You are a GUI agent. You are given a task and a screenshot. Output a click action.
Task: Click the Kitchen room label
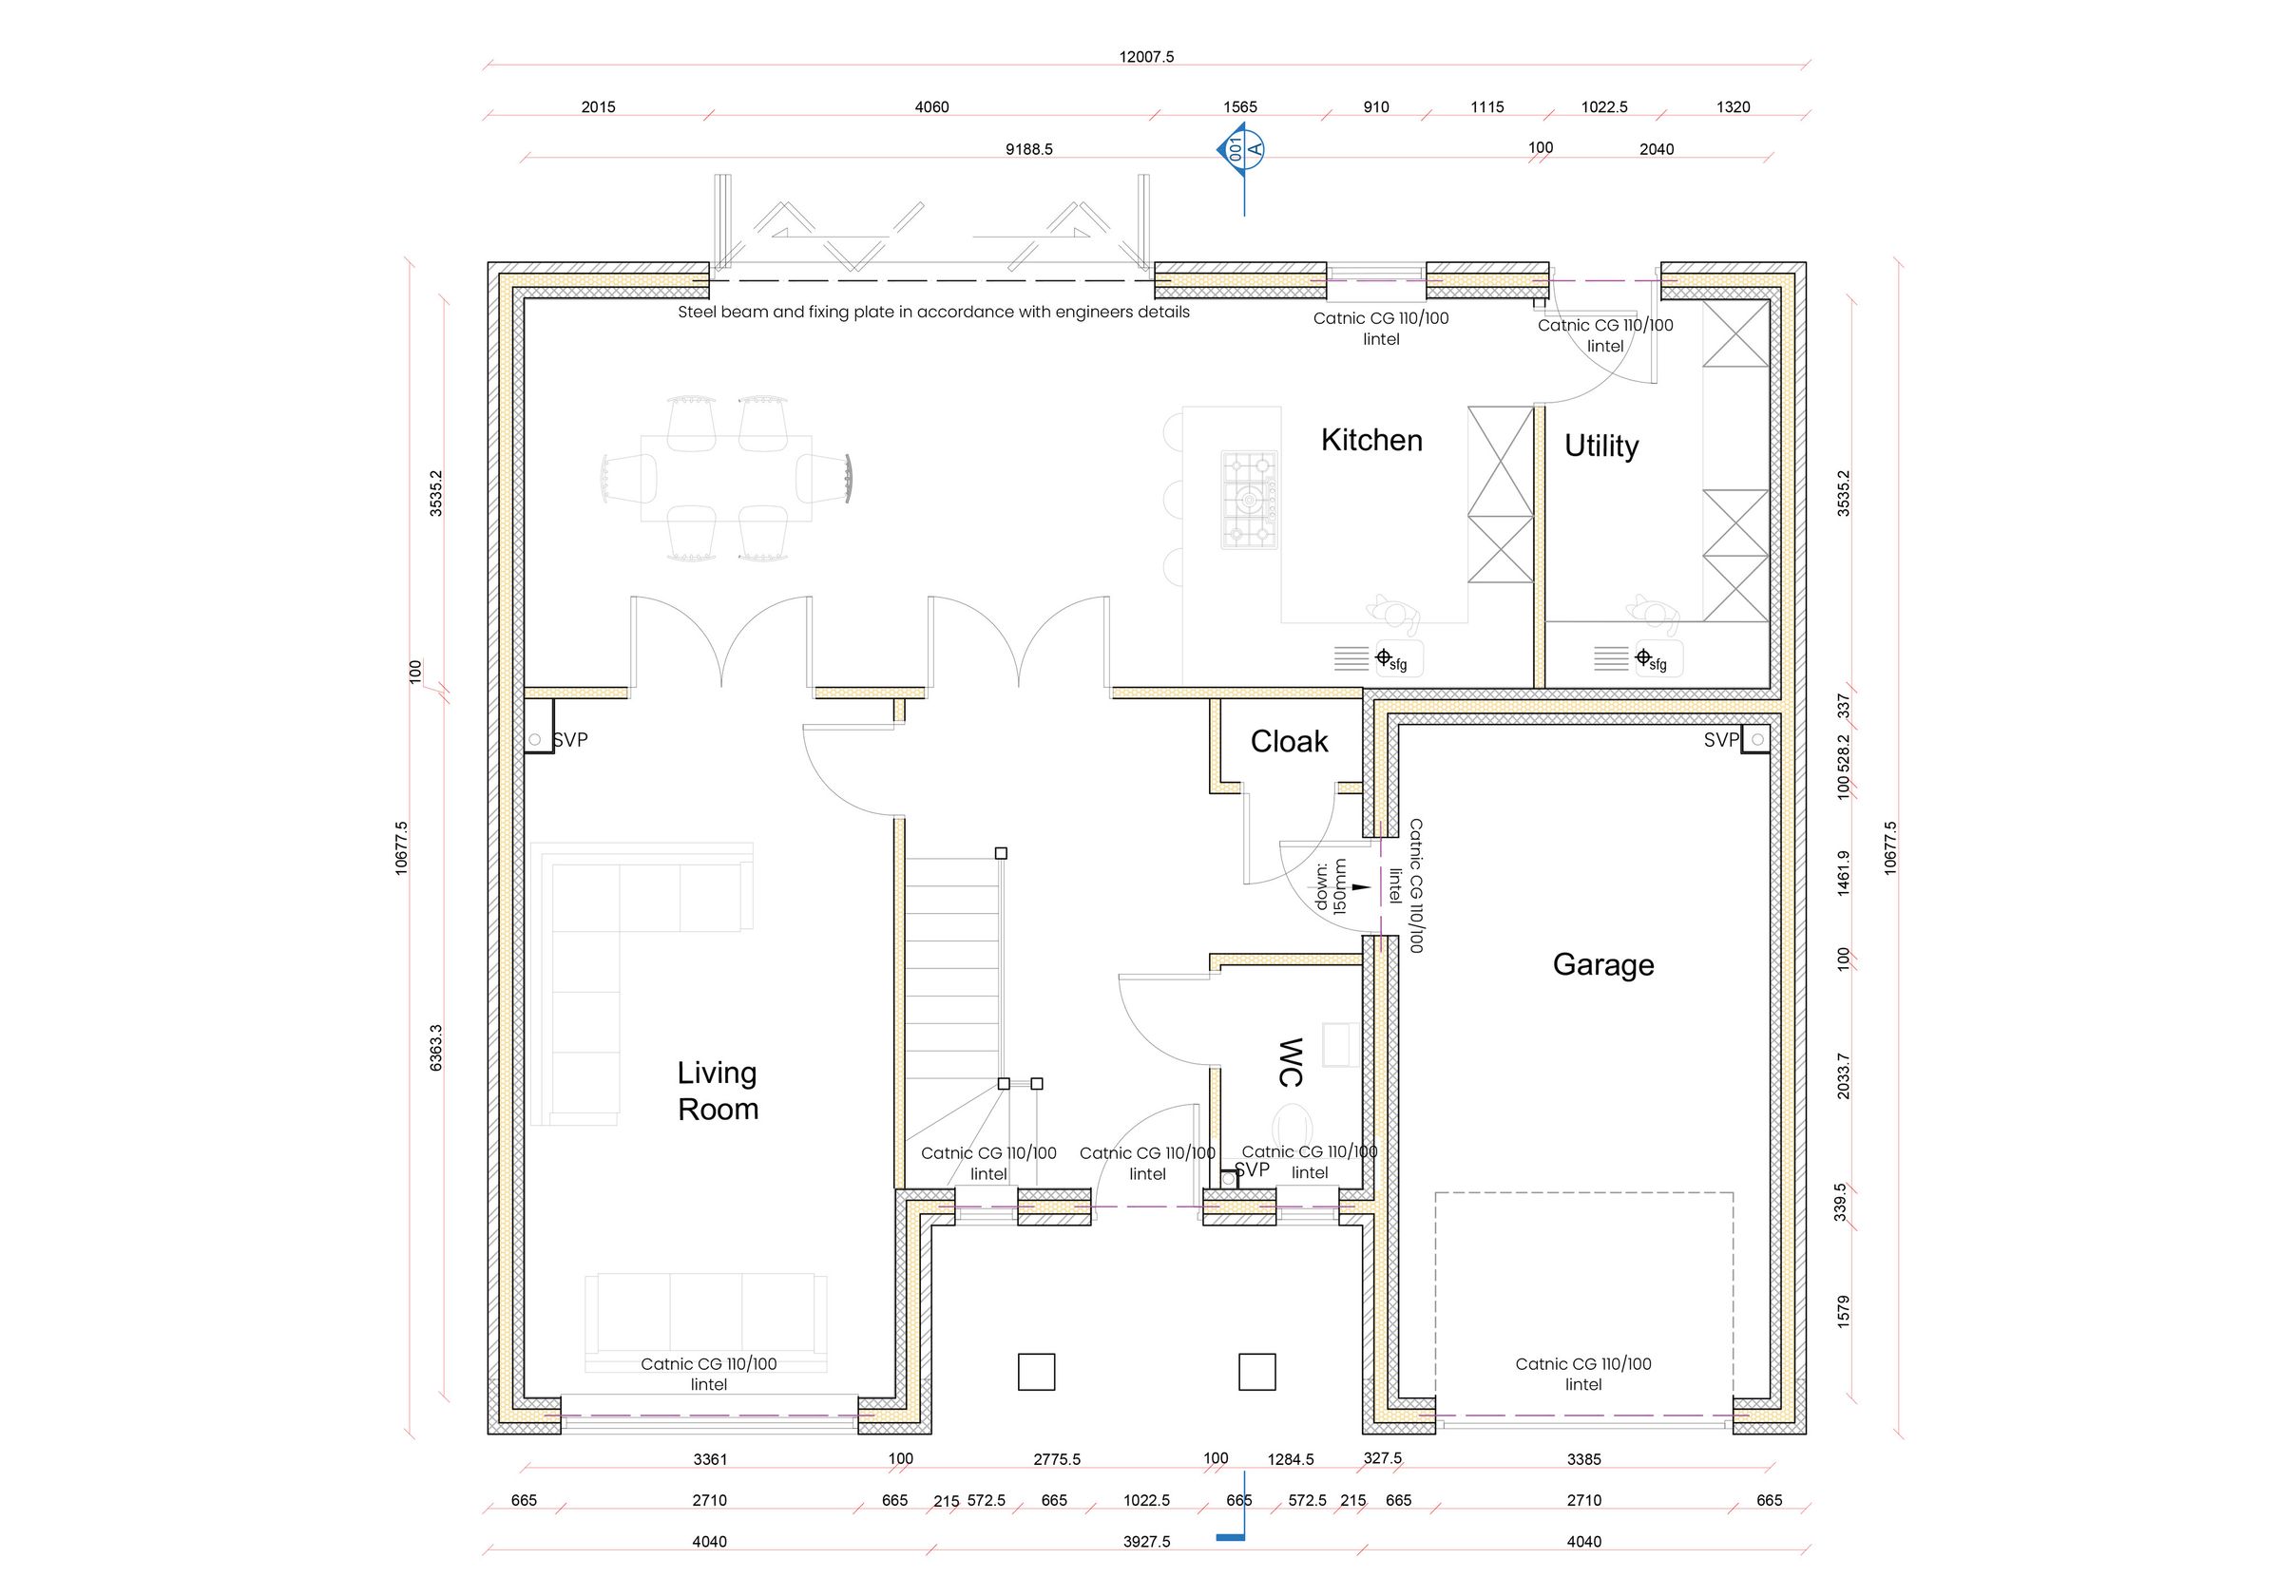(1371, 440)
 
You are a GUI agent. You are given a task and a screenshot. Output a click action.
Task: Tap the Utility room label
(1601, 446)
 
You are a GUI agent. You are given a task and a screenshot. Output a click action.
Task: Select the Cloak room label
(1289, 741)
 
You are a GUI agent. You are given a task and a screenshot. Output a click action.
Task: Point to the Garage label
(1602, 964)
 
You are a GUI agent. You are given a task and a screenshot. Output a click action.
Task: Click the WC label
(1290, 1062)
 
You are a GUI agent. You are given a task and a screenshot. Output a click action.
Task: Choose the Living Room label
(718, 1091)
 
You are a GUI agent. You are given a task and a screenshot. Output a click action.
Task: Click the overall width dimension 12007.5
(1146, 57)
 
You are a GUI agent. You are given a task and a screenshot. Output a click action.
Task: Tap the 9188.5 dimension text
(1028, 149)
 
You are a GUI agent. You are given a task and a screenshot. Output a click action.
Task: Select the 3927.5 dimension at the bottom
(1146, 1542)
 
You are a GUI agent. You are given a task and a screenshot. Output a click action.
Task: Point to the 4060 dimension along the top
(931, 106)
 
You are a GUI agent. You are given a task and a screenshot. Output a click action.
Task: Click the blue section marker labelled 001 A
(1241, 150)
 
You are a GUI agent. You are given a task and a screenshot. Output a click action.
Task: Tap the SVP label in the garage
(1721, 740)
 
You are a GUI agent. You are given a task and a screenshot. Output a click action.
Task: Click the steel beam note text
(933, 312)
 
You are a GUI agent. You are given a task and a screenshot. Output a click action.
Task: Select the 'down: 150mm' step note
(1331, 886)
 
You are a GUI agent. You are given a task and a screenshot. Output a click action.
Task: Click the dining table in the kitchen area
(726, 479)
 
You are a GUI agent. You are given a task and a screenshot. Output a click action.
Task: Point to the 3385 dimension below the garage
(1583, 1459)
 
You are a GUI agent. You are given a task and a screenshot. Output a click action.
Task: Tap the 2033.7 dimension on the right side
(1843, 1074)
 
